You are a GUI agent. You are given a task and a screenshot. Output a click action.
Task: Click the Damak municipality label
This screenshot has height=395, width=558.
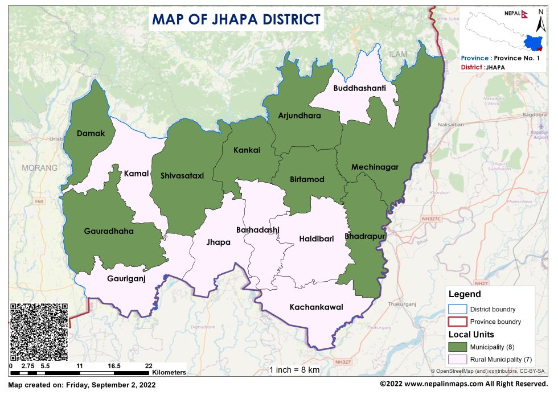(91, 133)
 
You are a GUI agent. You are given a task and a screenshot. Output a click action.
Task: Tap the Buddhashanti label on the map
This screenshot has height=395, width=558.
(359, 88)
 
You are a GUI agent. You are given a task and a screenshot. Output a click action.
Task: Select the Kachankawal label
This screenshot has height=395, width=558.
(316, 307)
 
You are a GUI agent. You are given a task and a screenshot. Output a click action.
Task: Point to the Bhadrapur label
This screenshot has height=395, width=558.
(365, 236)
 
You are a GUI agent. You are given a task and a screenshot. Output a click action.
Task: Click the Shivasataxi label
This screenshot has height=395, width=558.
(182, 175)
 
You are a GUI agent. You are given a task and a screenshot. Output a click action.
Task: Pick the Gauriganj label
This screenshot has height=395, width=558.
(126, 278)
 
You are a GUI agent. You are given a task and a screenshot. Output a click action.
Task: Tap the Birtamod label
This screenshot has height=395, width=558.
(307, 179)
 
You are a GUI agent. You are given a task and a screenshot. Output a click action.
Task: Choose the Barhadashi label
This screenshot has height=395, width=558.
(258, 230)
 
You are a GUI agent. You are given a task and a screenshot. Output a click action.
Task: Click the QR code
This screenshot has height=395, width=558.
(39, 332)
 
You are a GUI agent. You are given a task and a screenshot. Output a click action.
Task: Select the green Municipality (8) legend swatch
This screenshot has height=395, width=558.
(457, 347)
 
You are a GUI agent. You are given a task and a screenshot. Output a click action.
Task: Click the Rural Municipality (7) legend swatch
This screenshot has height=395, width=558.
(457, 359)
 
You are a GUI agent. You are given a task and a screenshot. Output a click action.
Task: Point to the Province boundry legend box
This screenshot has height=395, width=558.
(457, 322)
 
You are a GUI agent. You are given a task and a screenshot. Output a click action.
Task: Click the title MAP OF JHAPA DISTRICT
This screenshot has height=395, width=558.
(236, 19)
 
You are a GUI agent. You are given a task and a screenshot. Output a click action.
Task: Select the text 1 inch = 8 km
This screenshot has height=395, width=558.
(294, 369)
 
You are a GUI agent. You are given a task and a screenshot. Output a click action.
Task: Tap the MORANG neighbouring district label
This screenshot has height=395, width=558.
(40, 168)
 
